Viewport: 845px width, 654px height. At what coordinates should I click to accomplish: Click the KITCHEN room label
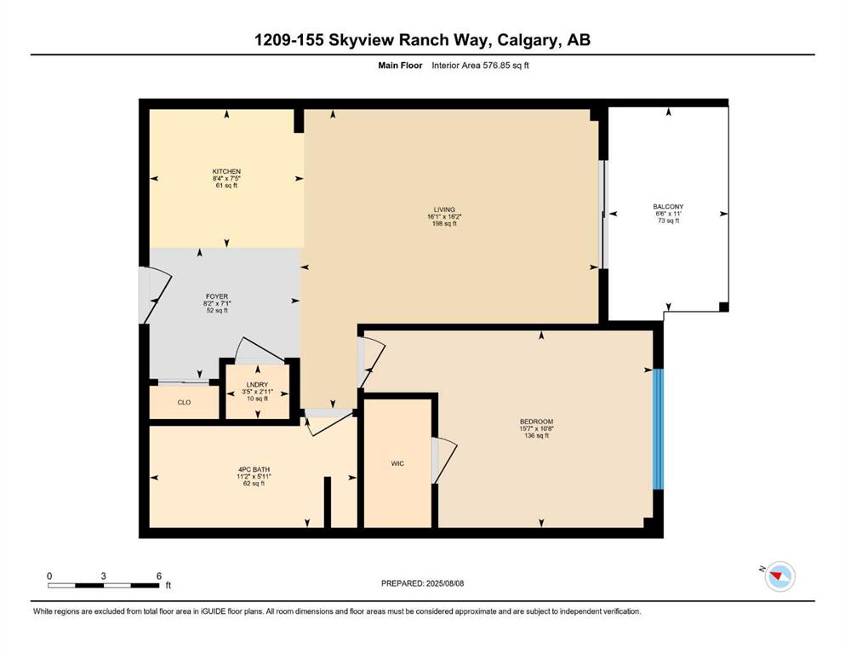[x=226, y=171]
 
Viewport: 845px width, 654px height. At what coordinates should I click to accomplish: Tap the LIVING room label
[x=444, y=209]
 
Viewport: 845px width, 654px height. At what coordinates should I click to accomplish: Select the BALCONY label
[x=668, y=206]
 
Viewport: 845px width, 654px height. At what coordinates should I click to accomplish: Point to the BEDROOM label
[x=536, y=422]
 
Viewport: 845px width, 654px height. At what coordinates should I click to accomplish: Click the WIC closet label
[x=397, y=463]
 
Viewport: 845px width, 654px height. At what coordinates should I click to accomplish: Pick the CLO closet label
[x=185, y=402]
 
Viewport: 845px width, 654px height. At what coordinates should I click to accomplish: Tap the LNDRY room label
[x=258, y=384]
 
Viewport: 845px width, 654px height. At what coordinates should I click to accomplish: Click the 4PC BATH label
[x=254, y=469]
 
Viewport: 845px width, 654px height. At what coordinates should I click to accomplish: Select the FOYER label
[x=217, y=296]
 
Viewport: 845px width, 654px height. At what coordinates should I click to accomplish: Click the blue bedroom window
[x=658, y=429]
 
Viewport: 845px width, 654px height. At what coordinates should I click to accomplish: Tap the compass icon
[x=779, y=576]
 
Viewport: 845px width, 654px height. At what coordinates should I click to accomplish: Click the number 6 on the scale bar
[x=159, y=576]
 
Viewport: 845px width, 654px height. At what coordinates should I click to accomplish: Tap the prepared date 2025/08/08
[x=444, y=583]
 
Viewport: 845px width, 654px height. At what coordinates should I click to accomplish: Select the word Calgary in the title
[x=528, y=40]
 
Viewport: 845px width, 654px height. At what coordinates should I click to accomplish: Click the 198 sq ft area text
[x=444, y=223]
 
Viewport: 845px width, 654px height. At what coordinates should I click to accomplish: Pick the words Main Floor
[x=400, y=66]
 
